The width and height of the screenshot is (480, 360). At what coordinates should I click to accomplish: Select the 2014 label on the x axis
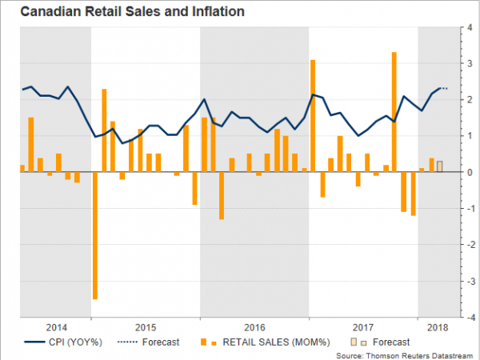pos(56,328)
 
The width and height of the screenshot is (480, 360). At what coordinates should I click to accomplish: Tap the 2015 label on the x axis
pos(146,328)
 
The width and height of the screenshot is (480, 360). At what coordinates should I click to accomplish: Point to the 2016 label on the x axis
pos(254,328)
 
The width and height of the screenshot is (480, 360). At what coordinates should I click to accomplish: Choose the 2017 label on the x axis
pos(363,328)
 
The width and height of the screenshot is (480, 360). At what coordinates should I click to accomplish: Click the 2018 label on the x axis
pos(438,328)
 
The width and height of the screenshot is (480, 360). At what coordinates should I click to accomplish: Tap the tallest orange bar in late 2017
pos(394,112)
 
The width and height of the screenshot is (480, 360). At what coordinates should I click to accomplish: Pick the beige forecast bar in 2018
pos(439,166)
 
